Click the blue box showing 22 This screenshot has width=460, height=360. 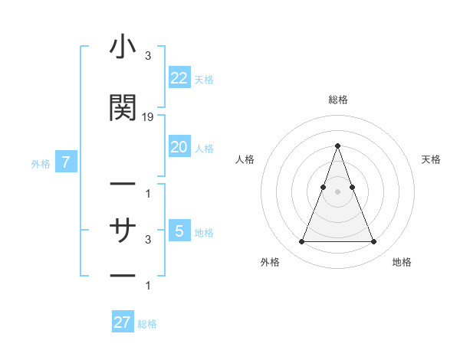point(179,78)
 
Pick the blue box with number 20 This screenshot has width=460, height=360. point(179,147)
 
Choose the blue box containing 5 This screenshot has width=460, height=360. point(179,231)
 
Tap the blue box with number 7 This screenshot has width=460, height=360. point(67,162)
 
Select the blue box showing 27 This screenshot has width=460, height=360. point(123,322)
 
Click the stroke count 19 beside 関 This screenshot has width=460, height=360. point(148,117)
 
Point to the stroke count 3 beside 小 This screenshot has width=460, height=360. point(147,57)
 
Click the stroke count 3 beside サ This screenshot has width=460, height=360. point(147,240)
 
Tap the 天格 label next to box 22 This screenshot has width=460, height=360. point(204,79)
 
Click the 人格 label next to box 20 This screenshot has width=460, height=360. point(204,148)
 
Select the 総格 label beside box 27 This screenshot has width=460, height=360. point(147,324)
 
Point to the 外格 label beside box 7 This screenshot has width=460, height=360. point(41,163)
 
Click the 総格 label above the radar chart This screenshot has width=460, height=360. point(337,100)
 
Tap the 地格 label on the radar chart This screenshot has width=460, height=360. point(402,262)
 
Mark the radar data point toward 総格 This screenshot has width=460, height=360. point(337,146)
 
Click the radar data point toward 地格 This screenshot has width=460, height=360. point(373,242)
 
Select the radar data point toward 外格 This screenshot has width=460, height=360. point(301,242)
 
